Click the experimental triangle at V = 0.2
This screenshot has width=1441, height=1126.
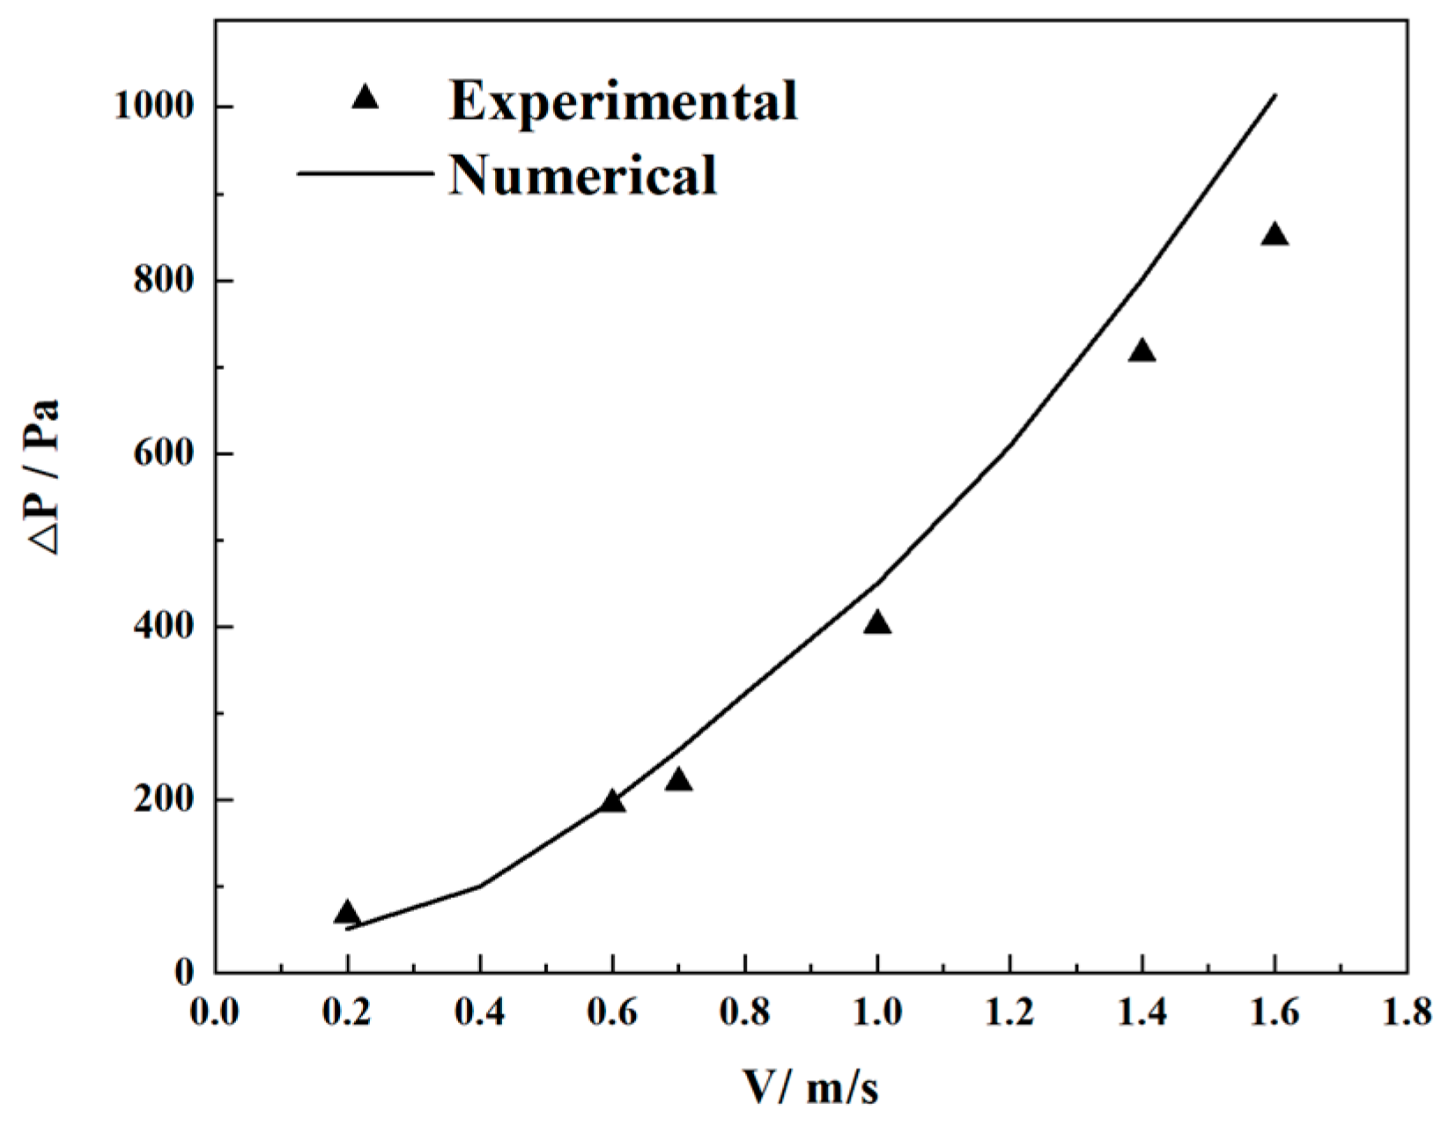(x=347, y=913)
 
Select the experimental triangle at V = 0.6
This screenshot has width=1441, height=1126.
(x=613, y=801)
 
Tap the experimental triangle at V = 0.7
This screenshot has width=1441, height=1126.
(x=678, y=780)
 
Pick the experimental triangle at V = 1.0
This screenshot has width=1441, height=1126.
(x=877, y=623)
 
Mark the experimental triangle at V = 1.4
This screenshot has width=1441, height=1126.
(x=1142, y=351)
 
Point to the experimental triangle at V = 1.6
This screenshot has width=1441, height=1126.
(x=1275, y=235)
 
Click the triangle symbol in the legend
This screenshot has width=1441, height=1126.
(x=365, y=97)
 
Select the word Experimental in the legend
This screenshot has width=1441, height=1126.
(x=623, y=99)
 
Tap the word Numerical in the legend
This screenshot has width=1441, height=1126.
(x=582, y=173)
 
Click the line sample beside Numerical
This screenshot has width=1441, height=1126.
(x=365, y=173)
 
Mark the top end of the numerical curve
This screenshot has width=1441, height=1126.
(x=1275, y=95)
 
